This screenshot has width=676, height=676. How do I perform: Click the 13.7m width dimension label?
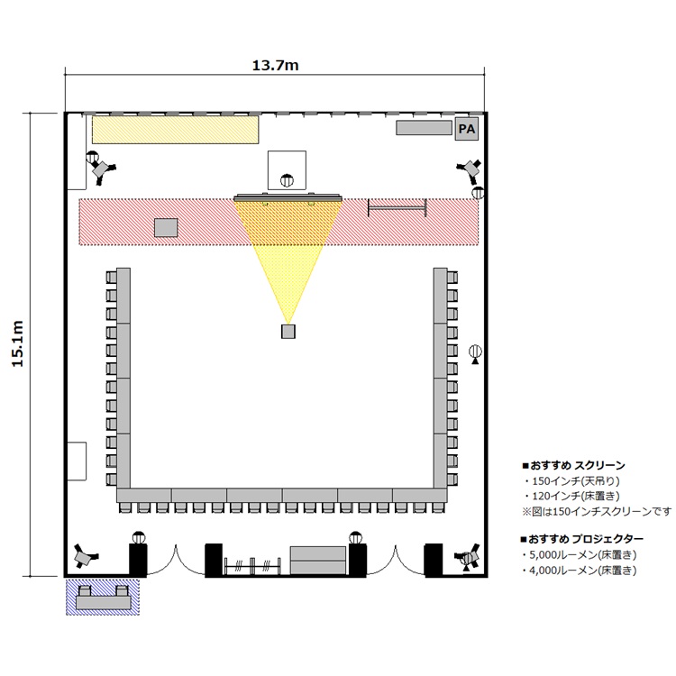275,66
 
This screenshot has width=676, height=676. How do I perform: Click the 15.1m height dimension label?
18,343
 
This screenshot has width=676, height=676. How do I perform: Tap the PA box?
467,129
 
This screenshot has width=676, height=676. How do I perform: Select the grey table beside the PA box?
424,128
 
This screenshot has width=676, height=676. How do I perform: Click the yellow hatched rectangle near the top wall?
176,129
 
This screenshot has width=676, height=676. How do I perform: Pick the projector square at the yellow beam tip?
288,331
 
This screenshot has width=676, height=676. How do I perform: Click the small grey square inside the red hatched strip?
166,228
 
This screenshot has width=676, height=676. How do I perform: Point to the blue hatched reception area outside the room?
103,597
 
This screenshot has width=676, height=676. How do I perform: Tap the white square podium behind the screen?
287,170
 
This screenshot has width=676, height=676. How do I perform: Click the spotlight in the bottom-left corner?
85,556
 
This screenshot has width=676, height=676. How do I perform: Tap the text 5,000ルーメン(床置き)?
583,554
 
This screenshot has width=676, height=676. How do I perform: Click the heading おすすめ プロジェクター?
586,539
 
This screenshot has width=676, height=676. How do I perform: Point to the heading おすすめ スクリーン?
578,465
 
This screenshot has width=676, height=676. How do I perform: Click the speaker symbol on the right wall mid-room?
475,352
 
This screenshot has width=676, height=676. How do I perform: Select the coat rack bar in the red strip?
397,208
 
